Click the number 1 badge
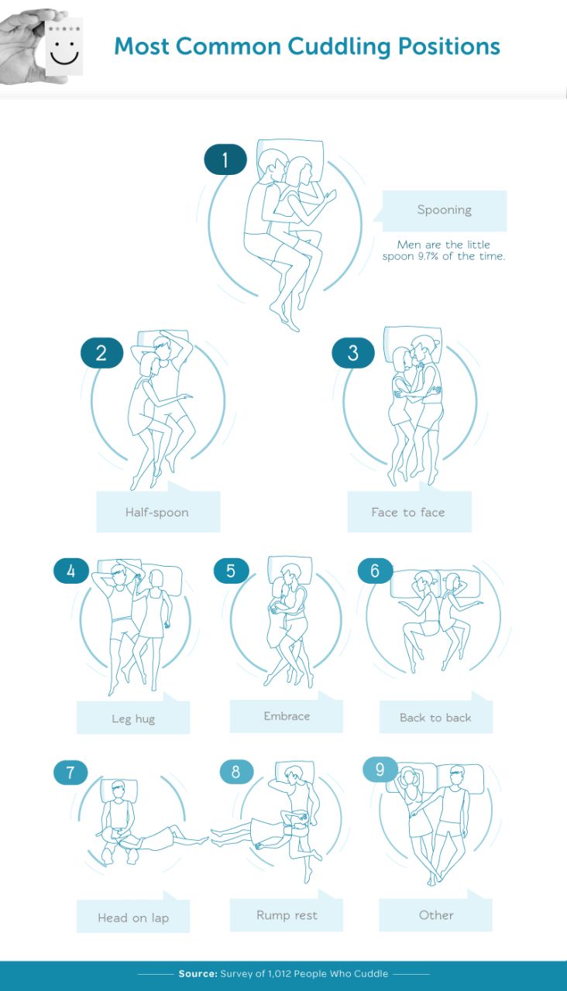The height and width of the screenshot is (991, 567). pyautogui.click(x=225, y=159)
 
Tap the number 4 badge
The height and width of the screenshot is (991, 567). pyautogui.click(x=71, y=571)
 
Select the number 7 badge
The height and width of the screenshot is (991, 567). pyautogui.click(x=70, y=773)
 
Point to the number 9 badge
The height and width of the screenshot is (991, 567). pyautogui.click(x=380, y=770)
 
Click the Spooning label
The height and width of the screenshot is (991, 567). pyautogui.click(x=445, y=210)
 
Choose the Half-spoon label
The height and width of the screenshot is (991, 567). pyautogui.click(x=157, y=513)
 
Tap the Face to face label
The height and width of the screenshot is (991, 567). pyautogui.click(x=408, y=513)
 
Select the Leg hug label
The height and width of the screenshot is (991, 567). pyautogui.click(x=133, y=719)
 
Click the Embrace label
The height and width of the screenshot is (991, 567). pyautogui.click(x=287, y=716)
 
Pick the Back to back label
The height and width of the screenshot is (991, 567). pyautogui.click(x=435, y=717)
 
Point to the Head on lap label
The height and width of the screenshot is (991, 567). pyautogui.click(x=133, y=917)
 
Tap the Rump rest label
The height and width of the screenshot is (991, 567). pyautogui.click(x=287, y=915)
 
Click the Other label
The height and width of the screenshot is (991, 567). pyautogui.click(x=436, y=915)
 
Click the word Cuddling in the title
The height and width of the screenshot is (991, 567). pyautogui.click(x=339, y=46)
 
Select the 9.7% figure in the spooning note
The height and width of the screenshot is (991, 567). pyautogui.click(x=428, y=256)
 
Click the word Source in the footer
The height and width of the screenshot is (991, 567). pyautogui.click(x=198, y=973)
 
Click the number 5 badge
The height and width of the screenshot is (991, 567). pyautogui.click(x=231, y=571)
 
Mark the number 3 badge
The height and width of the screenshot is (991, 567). pyautogui.click(x=353, y=352)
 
